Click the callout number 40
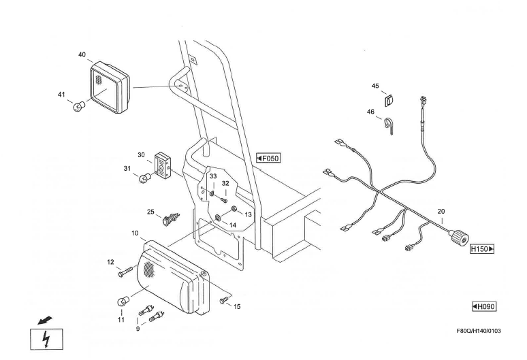(82, 54)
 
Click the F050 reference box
(268, 159)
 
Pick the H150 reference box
(482, 249)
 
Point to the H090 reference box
(483, 307)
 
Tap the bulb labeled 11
(124, 301)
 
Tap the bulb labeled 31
(144, 178)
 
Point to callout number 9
(137, 329)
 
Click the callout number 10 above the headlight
(135, 232)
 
